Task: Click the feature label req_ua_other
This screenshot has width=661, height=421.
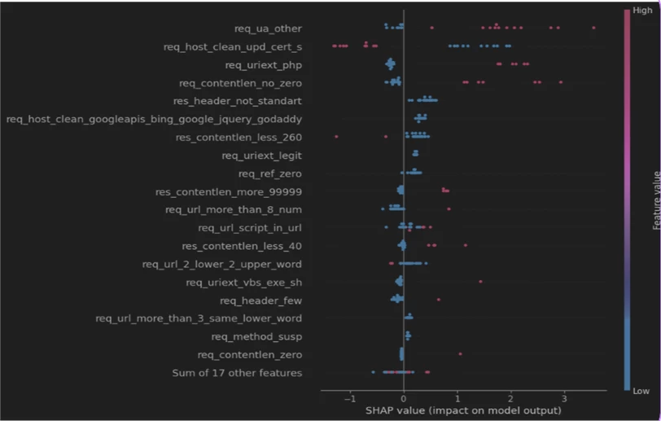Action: [x=268, y=29]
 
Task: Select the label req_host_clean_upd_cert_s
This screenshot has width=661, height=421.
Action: [x=233, y=46]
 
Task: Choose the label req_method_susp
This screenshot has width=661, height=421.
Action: [x=256, y=336]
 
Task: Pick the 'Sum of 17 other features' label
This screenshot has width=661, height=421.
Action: [x=237, y=373]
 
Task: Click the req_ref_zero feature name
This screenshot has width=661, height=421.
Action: [x=269, y=173]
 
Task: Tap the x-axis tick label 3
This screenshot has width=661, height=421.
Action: [x=563, y=399]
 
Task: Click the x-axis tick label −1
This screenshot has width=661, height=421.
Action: [x=349, y=399]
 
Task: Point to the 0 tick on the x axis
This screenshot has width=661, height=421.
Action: [x=404, y=399]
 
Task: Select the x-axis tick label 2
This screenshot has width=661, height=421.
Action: [x=510, y=399]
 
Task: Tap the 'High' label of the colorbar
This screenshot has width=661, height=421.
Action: [x=643, y=11]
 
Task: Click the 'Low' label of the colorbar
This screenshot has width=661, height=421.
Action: [x=642, y=391]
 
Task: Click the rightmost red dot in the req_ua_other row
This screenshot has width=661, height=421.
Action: [x=593, y=28]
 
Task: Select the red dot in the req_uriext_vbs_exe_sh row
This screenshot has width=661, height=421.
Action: [x=480, y=282]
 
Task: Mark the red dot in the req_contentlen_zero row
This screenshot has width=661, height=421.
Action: [x=460, y=353]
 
